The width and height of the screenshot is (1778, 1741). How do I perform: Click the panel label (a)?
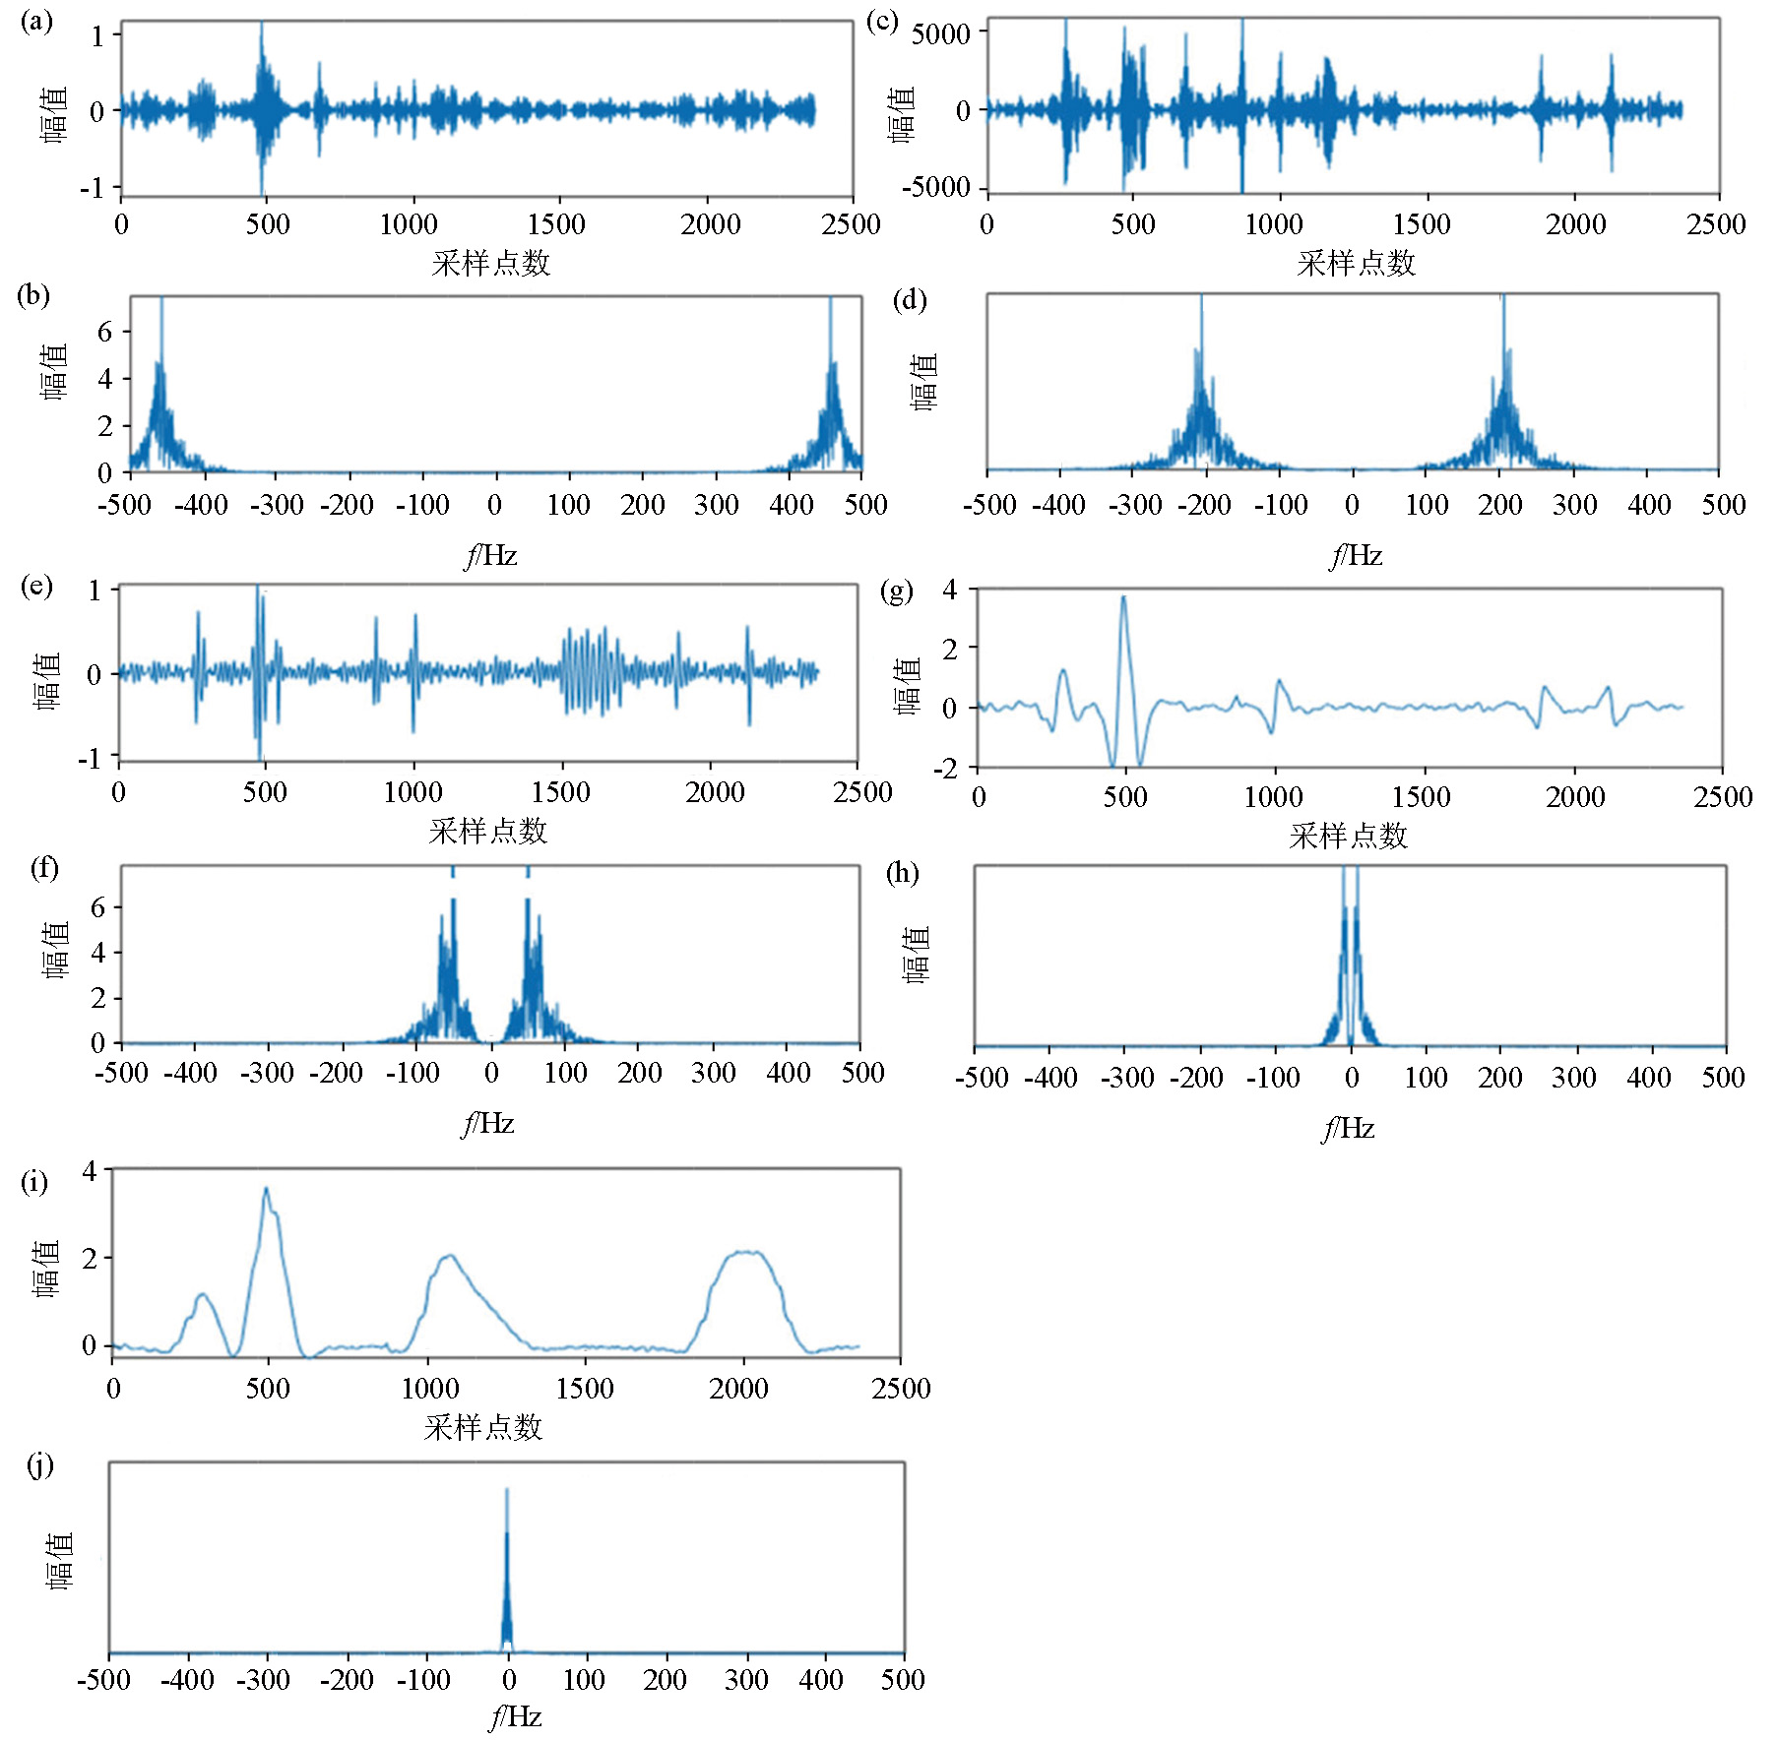[36, 22]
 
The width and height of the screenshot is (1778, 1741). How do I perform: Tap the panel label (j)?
[40, 1466]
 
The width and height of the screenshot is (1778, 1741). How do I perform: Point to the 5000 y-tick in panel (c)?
[940, 34]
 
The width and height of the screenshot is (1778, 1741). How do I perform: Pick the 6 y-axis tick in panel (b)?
[104, 332]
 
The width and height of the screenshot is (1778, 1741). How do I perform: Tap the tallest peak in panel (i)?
[266, 1191]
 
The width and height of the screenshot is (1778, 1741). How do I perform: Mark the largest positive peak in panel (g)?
[1123, 597]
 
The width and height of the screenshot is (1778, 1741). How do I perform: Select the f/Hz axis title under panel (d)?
[1356, 557]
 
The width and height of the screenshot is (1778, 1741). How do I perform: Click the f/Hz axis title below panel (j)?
[515, 1717]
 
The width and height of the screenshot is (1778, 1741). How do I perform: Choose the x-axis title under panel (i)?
[483, 1427]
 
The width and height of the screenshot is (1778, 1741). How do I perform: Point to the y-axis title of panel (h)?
[917, 954]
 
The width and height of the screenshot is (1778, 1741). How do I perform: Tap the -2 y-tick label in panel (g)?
[949, 768]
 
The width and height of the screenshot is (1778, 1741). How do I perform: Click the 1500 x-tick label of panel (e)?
[561, 792]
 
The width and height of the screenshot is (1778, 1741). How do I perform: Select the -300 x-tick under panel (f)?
[266, 1073]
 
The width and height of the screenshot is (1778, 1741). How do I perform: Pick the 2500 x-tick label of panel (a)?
[852, 224]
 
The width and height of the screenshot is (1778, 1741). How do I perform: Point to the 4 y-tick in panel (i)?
[91, 1171]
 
